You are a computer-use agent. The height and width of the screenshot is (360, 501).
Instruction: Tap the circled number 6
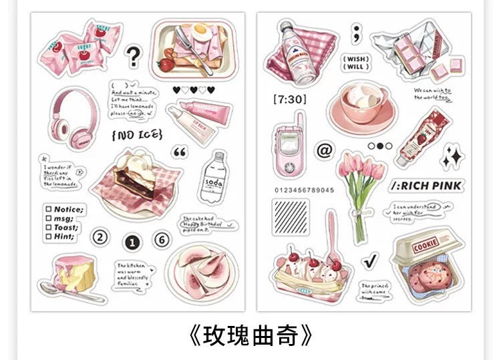[162, 238]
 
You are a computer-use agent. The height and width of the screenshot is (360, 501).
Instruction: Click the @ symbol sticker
[323, 150]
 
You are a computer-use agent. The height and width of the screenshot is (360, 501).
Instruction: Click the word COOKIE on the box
[426, 246]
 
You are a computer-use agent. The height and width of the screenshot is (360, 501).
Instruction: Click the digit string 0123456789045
[304, 190]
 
